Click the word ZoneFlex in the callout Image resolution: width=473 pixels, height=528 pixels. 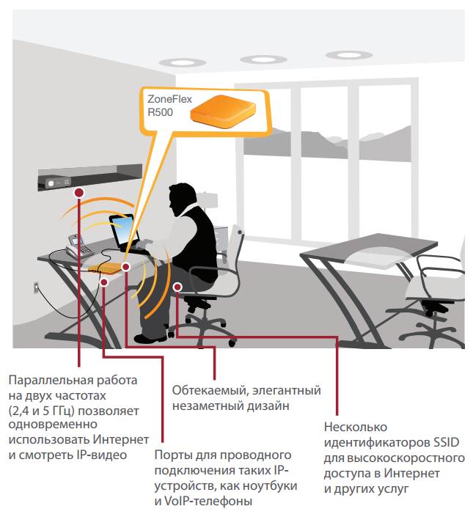(169, 99)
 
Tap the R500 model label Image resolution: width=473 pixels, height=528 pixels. (161, 112)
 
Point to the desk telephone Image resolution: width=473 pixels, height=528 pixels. (78, 246)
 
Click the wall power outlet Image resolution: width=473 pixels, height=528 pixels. (36, 288)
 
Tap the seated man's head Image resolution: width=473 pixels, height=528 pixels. (181, 199)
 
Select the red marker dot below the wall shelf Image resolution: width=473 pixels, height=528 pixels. (79, 193)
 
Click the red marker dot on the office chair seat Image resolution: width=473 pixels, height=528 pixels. (177, 287)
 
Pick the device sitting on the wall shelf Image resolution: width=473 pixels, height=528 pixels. (58, 183)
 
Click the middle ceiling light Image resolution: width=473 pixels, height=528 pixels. (263, 60)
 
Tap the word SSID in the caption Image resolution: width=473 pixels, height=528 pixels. (446, 442)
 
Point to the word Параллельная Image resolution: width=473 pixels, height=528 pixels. (51, 381)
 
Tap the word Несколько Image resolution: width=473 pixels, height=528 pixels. (356, 427)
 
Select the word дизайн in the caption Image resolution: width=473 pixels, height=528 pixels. (268, 406)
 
